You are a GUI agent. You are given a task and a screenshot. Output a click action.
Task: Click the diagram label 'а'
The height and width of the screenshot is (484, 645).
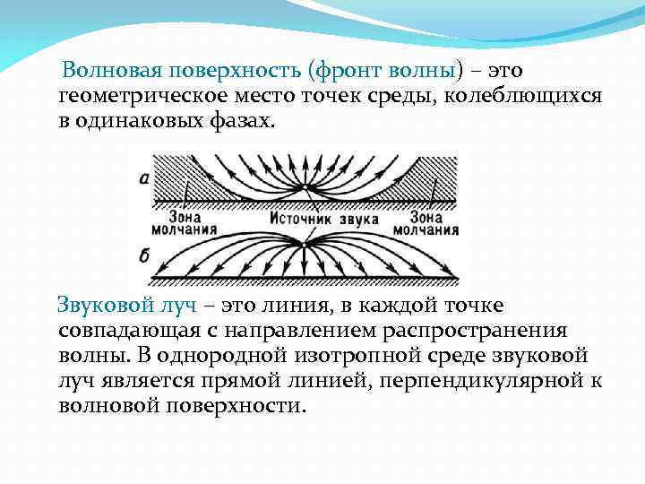pyautogui.click(x=144, y=177)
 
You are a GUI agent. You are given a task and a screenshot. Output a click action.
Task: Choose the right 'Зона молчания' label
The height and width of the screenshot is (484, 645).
pyautogui.click(x=434, y=223)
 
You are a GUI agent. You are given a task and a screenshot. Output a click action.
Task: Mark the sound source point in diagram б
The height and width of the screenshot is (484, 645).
pyautogui.click(x=305, y=243)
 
